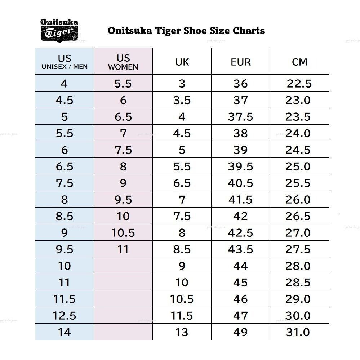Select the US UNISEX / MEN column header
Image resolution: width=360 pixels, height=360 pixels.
(x=65, y=62)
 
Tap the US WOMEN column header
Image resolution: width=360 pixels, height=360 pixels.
(x=123, y=62)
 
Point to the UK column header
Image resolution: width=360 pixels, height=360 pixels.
(x=182, y=62)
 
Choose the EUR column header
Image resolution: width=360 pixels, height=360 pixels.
(x=240, y=62)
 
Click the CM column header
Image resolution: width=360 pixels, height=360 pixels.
(x=299, y=62)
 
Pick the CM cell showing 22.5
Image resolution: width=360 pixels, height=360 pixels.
(x=299, y=84)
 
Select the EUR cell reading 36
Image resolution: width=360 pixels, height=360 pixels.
(x=240, y=84)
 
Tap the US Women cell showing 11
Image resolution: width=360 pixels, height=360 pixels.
(x=123, y=249)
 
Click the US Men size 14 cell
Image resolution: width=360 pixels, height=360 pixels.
(x=65, y=332)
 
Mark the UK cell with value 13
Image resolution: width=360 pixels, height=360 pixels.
(x=182, y=332)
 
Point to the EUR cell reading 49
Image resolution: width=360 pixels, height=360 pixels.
(x=240, y=332)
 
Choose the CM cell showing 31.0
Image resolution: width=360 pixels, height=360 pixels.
(x=298, y=332)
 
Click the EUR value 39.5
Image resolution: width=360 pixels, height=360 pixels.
(x=240, y=166)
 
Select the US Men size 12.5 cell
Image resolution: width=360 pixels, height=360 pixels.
(x=65, y=316)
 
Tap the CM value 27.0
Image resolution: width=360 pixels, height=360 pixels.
(x=298, y=233)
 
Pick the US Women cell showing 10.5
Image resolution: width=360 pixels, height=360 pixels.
(x=123, y=233)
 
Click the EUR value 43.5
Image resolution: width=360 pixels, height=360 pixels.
(x=240, y=249)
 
